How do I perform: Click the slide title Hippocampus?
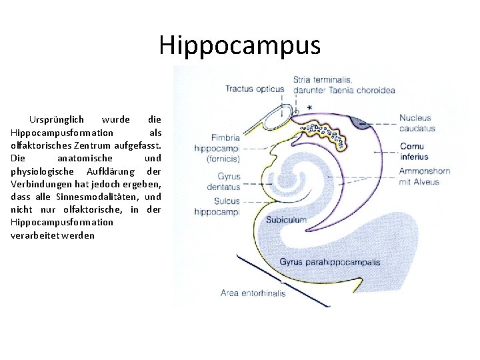(239, 45)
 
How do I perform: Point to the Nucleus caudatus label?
(417, 123)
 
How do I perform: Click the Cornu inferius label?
(414, 152)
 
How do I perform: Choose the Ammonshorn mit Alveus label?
(425, 176)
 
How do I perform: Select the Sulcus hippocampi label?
(216, 206)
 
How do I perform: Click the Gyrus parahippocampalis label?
(329, 262)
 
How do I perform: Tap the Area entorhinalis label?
(253, 293)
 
